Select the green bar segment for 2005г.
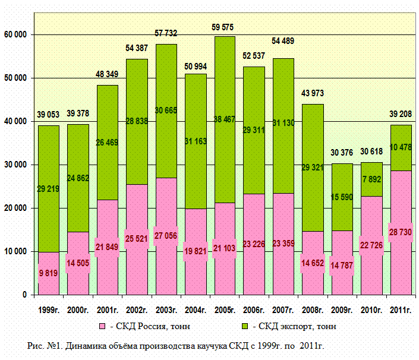[225, 89]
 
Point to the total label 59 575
[225, 27]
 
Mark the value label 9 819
[49, 274]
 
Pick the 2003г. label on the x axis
[166, 309]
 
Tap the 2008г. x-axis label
[313, 309]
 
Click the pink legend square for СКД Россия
[102, 327]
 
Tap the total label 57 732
[166, 34]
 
